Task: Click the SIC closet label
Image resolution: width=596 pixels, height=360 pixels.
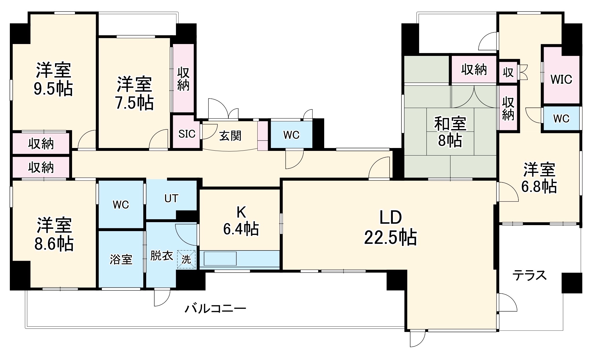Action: (x=187, y=134)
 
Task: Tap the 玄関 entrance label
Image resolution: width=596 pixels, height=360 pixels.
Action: (x=230, y=136)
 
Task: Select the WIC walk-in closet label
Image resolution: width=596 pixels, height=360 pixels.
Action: (x=561, y=79)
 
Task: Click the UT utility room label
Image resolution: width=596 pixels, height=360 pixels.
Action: (x=171, y=199)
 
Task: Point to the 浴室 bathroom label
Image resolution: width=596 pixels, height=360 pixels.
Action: (x=121, y=260)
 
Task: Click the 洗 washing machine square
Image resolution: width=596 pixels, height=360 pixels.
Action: (x=186, y=260)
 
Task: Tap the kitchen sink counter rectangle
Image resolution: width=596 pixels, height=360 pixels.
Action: (x=220, y=258)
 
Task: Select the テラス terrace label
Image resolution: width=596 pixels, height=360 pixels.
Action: (x=530, y=275)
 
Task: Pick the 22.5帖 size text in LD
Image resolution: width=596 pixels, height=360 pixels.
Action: (x=390, y=238)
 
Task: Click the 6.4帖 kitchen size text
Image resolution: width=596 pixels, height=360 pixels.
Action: (x=241, y=229)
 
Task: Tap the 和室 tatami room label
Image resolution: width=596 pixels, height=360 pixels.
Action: (x=450, y=124)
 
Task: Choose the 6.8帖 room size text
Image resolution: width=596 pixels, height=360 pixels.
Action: (x=539, y=187)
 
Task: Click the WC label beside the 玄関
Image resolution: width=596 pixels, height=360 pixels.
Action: (x=291, y=135)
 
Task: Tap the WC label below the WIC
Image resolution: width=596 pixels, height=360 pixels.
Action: (x=561, y=118)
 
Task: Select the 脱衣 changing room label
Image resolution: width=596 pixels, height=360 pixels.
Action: (x=162, y=256)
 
